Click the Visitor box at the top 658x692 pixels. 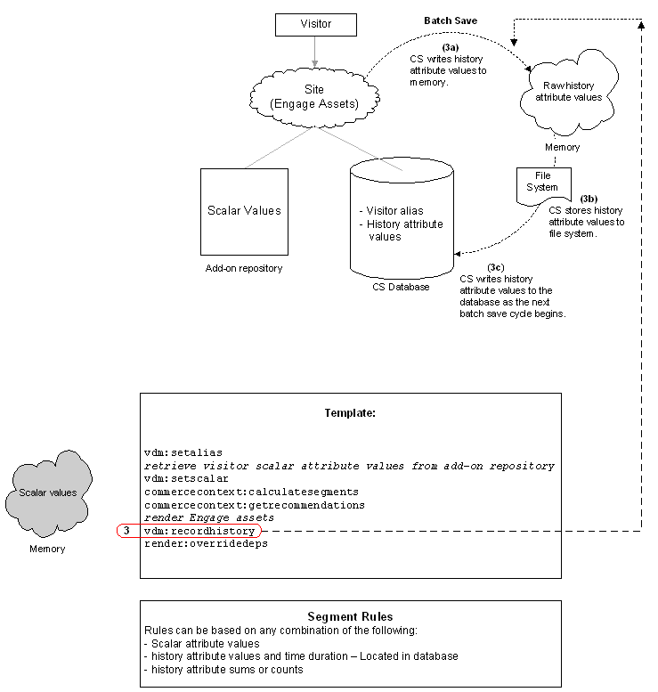tap(315, 24)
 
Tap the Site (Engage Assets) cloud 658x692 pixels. tap(314, 97)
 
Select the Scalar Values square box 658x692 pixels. tap(244, 212)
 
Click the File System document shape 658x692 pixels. tap(544, 186)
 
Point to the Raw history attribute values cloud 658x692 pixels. tap(568, 92)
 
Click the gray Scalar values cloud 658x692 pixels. tap(48, 493)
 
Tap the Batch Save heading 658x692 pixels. tap(451, 20)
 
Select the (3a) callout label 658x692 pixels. tap(451, 48)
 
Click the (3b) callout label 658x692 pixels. tap(589, 199)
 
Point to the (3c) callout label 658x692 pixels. tap(496, 267)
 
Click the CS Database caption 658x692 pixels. tap(401, 287)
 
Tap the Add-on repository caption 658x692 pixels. tap(244, 268)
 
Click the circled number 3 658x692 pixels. tap(126, 531)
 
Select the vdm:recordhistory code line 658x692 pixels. tap(199, 531)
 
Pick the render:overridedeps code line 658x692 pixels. tap(206, 543)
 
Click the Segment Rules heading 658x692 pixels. tap(350, 616)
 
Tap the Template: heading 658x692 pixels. tap(350, 413)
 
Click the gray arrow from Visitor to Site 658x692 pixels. tap(314, 52)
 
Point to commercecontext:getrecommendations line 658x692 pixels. tap(254, 505)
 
